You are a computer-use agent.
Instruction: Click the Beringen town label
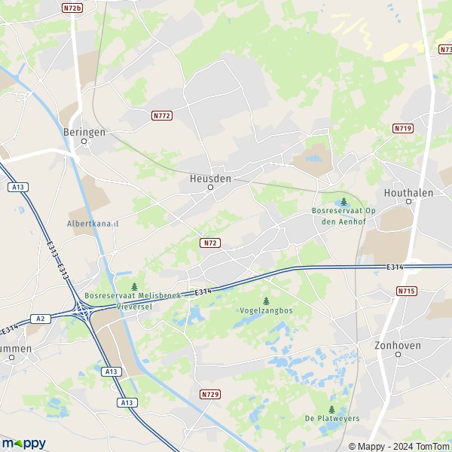pos(84,131)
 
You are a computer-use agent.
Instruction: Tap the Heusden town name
pos(210,178)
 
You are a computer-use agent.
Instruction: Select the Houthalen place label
pos(408,192)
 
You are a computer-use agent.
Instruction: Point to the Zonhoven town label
pos(397,345)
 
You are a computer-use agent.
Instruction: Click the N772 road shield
pos(161,115)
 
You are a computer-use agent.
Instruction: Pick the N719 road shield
pos(403,129)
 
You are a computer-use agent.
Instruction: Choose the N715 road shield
pos(405,290)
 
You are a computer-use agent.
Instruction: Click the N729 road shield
pos(210,394)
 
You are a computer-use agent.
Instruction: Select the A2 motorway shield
pos(41,319)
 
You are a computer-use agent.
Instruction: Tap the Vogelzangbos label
pos(265,310)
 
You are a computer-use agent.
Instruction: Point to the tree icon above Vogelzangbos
pos(265,301)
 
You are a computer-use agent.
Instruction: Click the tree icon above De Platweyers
pos(331,409)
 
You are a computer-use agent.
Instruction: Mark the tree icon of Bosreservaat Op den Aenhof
pos(344,201)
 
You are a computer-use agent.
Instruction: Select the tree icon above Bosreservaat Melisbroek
pos(134,286)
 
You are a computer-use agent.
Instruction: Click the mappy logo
pos(23,443)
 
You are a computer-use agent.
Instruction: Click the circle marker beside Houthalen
pos(409,201)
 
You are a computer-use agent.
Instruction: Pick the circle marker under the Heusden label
pos(210,188)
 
